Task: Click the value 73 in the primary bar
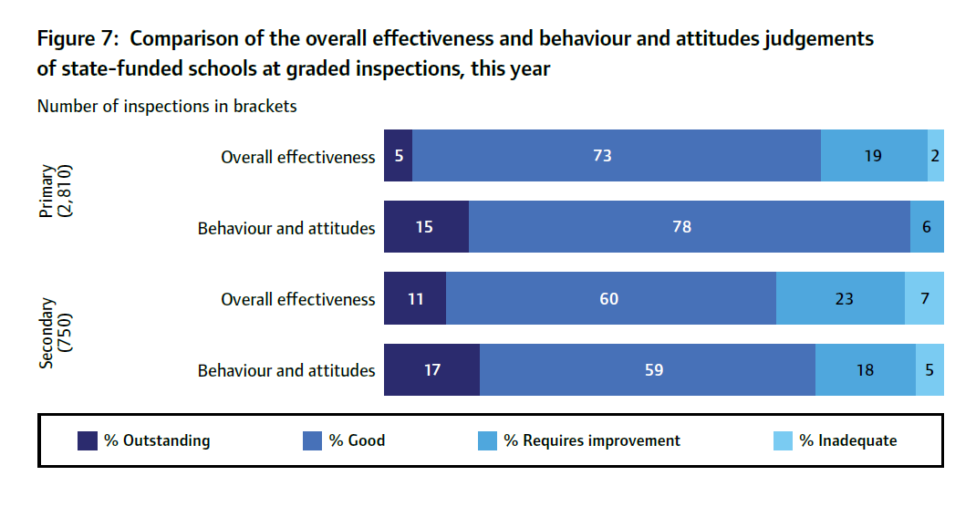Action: pyautogui.click(x=602, y=156)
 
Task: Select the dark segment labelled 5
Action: pyautogui.click(x=399, y=156)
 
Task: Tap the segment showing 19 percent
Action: pyautogui.click(x=873, y=156)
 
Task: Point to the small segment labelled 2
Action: pyautogui.click(x=936, y=156)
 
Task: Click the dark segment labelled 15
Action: pyautogui.click(x=425, y=227)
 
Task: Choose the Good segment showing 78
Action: pyautogui.click(x=681, y=227)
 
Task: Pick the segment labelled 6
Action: pyautogui.click(x=927, y=227)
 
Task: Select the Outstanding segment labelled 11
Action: pyautogui.click(x=415, y=298)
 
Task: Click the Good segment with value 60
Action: pyautogui.click(x=609, y=298)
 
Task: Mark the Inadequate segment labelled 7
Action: pyautogui.click(x=925, y=298)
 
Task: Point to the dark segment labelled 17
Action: pyautogui.click(x=431, y=369)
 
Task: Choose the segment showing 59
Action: pyautogui.click(x=653, y=369)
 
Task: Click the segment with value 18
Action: pyautogui.click(x=865, y=369)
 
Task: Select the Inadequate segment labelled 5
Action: pyautogui.click(x=930, y=369)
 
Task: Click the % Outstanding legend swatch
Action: pyautogui.click(x=88, y=441)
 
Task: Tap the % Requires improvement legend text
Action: pyautogui.click(x=592, y=441)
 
